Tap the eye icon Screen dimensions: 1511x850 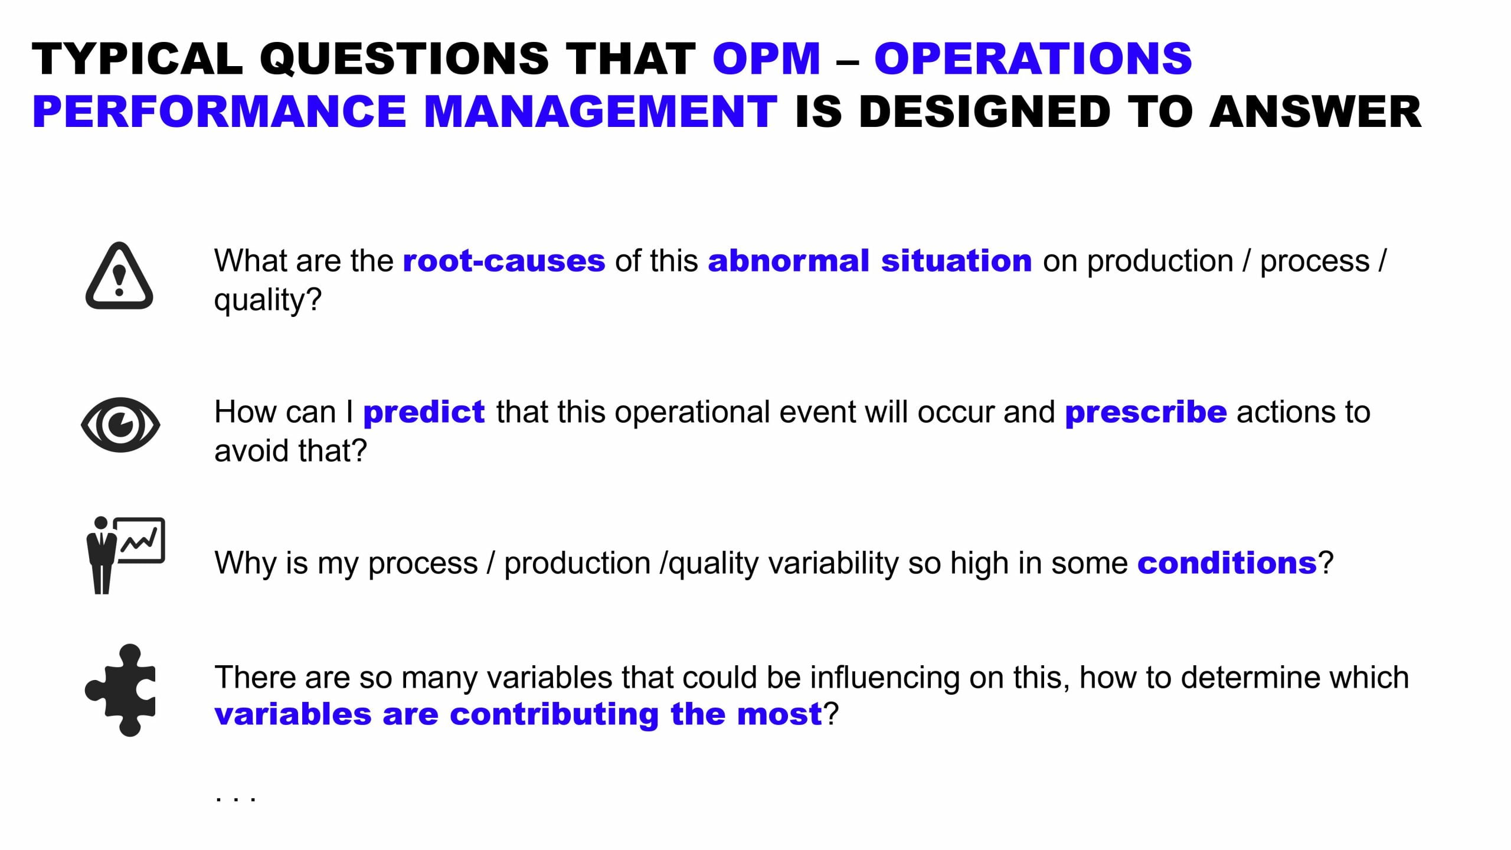120,424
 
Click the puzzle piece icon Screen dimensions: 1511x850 120,690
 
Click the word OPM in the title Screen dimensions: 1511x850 766,59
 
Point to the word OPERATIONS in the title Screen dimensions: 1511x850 1033,59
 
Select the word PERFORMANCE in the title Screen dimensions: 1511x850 219,112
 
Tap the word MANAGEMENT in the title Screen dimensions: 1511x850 600,112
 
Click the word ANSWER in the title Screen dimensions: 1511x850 1315,112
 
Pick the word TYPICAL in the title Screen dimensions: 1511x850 138,59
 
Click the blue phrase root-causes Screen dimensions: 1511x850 504,261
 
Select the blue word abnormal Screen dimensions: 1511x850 789,261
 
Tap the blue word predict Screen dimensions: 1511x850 424,412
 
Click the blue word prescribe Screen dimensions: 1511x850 1146,412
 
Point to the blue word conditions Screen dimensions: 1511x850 1227,563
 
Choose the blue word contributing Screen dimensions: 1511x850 554,714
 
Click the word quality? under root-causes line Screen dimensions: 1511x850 268,300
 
